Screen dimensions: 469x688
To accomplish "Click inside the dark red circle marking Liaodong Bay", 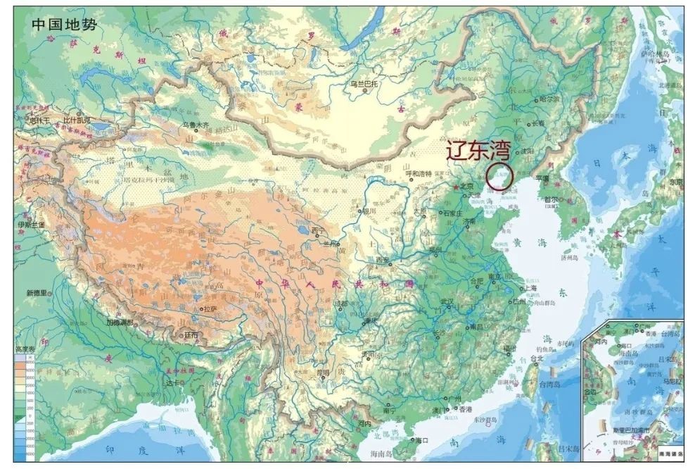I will (500, 176).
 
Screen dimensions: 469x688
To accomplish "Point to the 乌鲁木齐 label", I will (196, 125).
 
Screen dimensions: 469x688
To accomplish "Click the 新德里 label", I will (36, 292).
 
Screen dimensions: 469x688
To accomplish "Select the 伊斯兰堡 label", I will (31, 224).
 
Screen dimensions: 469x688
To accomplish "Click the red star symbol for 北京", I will (458, 187).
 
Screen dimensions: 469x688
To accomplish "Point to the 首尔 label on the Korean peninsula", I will (551, 199).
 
